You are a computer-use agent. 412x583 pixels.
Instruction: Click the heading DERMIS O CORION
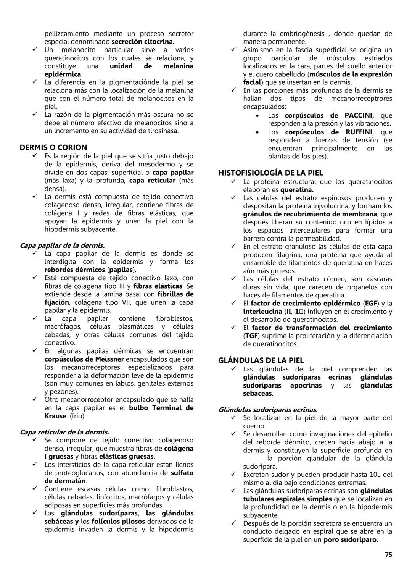click(53, 147)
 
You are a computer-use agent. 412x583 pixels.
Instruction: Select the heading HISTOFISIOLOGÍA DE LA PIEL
click(270, 173)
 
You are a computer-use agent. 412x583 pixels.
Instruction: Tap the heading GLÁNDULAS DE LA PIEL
click(261, 360)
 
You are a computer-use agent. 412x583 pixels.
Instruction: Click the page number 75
click(388, 555)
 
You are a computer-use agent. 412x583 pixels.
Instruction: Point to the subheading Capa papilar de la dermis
click(62, 245)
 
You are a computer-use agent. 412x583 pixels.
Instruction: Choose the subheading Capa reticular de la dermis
click(64, 432)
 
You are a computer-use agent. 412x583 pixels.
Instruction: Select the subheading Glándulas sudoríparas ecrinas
click(268, 410)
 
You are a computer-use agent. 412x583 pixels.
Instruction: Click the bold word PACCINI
click(359, 115)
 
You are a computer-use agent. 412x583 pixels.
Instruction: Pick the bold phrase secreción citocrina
click(143, 42)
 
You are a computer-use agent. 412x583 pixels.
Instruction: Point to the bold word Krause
click(56, 416)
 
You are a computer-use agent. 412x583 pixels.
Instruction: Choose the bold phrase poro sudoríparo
click(350, 540)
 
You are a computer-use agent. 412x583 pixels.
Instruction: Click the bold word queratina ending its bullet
click(296, 190)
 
